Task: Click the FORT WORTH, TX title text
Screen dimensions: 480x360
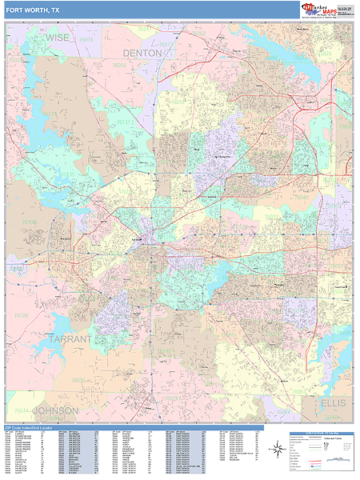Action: coord(33,10)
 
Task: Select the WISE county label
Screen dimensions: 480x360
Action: coord(58,37)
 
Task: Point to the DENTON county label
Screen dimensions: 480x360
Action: coord(142,53)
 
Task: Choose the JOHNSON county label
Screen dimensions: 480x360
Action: coord(55,410)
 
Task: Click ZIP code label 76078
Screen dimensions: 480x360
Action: coord(86,37)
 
